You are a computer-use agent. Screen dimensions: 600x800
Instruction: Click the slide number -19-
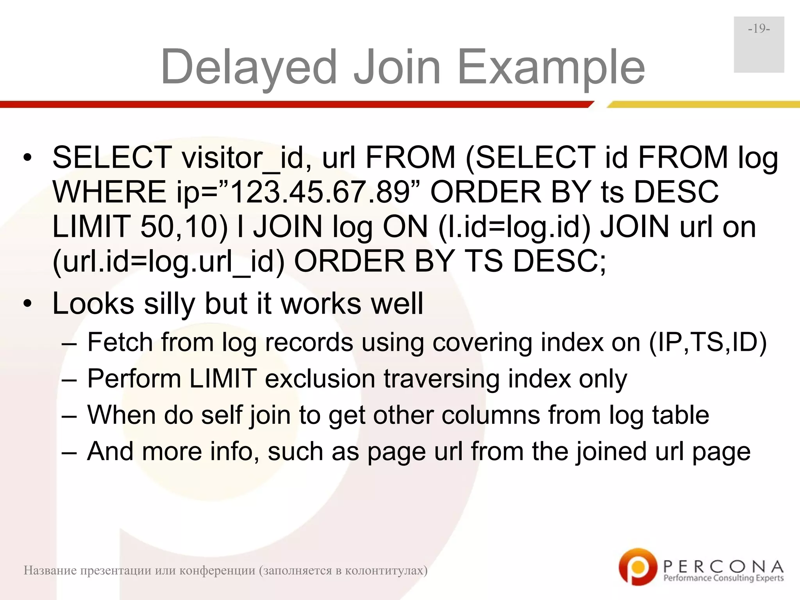[759, 29]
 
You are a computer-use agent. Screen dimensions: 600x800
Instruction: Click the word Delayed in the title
[249, 67]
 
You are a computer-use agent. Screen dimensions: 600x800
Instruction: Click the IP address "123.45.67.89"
[320, 192]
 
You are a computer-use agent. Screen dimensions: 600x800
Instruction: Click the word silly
[169, 304]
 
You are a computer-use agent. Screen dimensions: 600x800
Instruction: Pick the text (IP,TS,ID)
[708, 342]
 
